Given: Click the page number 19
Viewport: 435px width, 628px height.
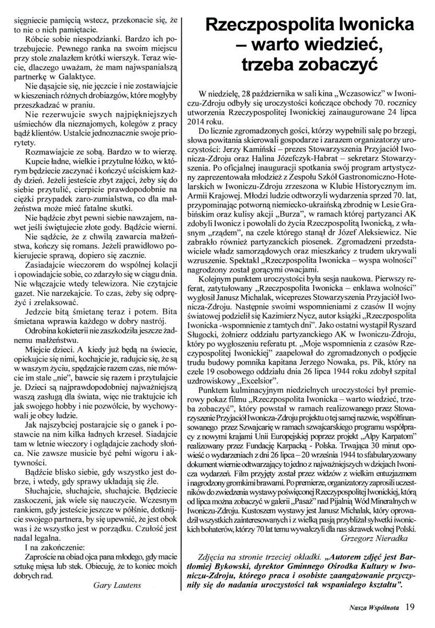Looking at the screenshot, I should point(410,607).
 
